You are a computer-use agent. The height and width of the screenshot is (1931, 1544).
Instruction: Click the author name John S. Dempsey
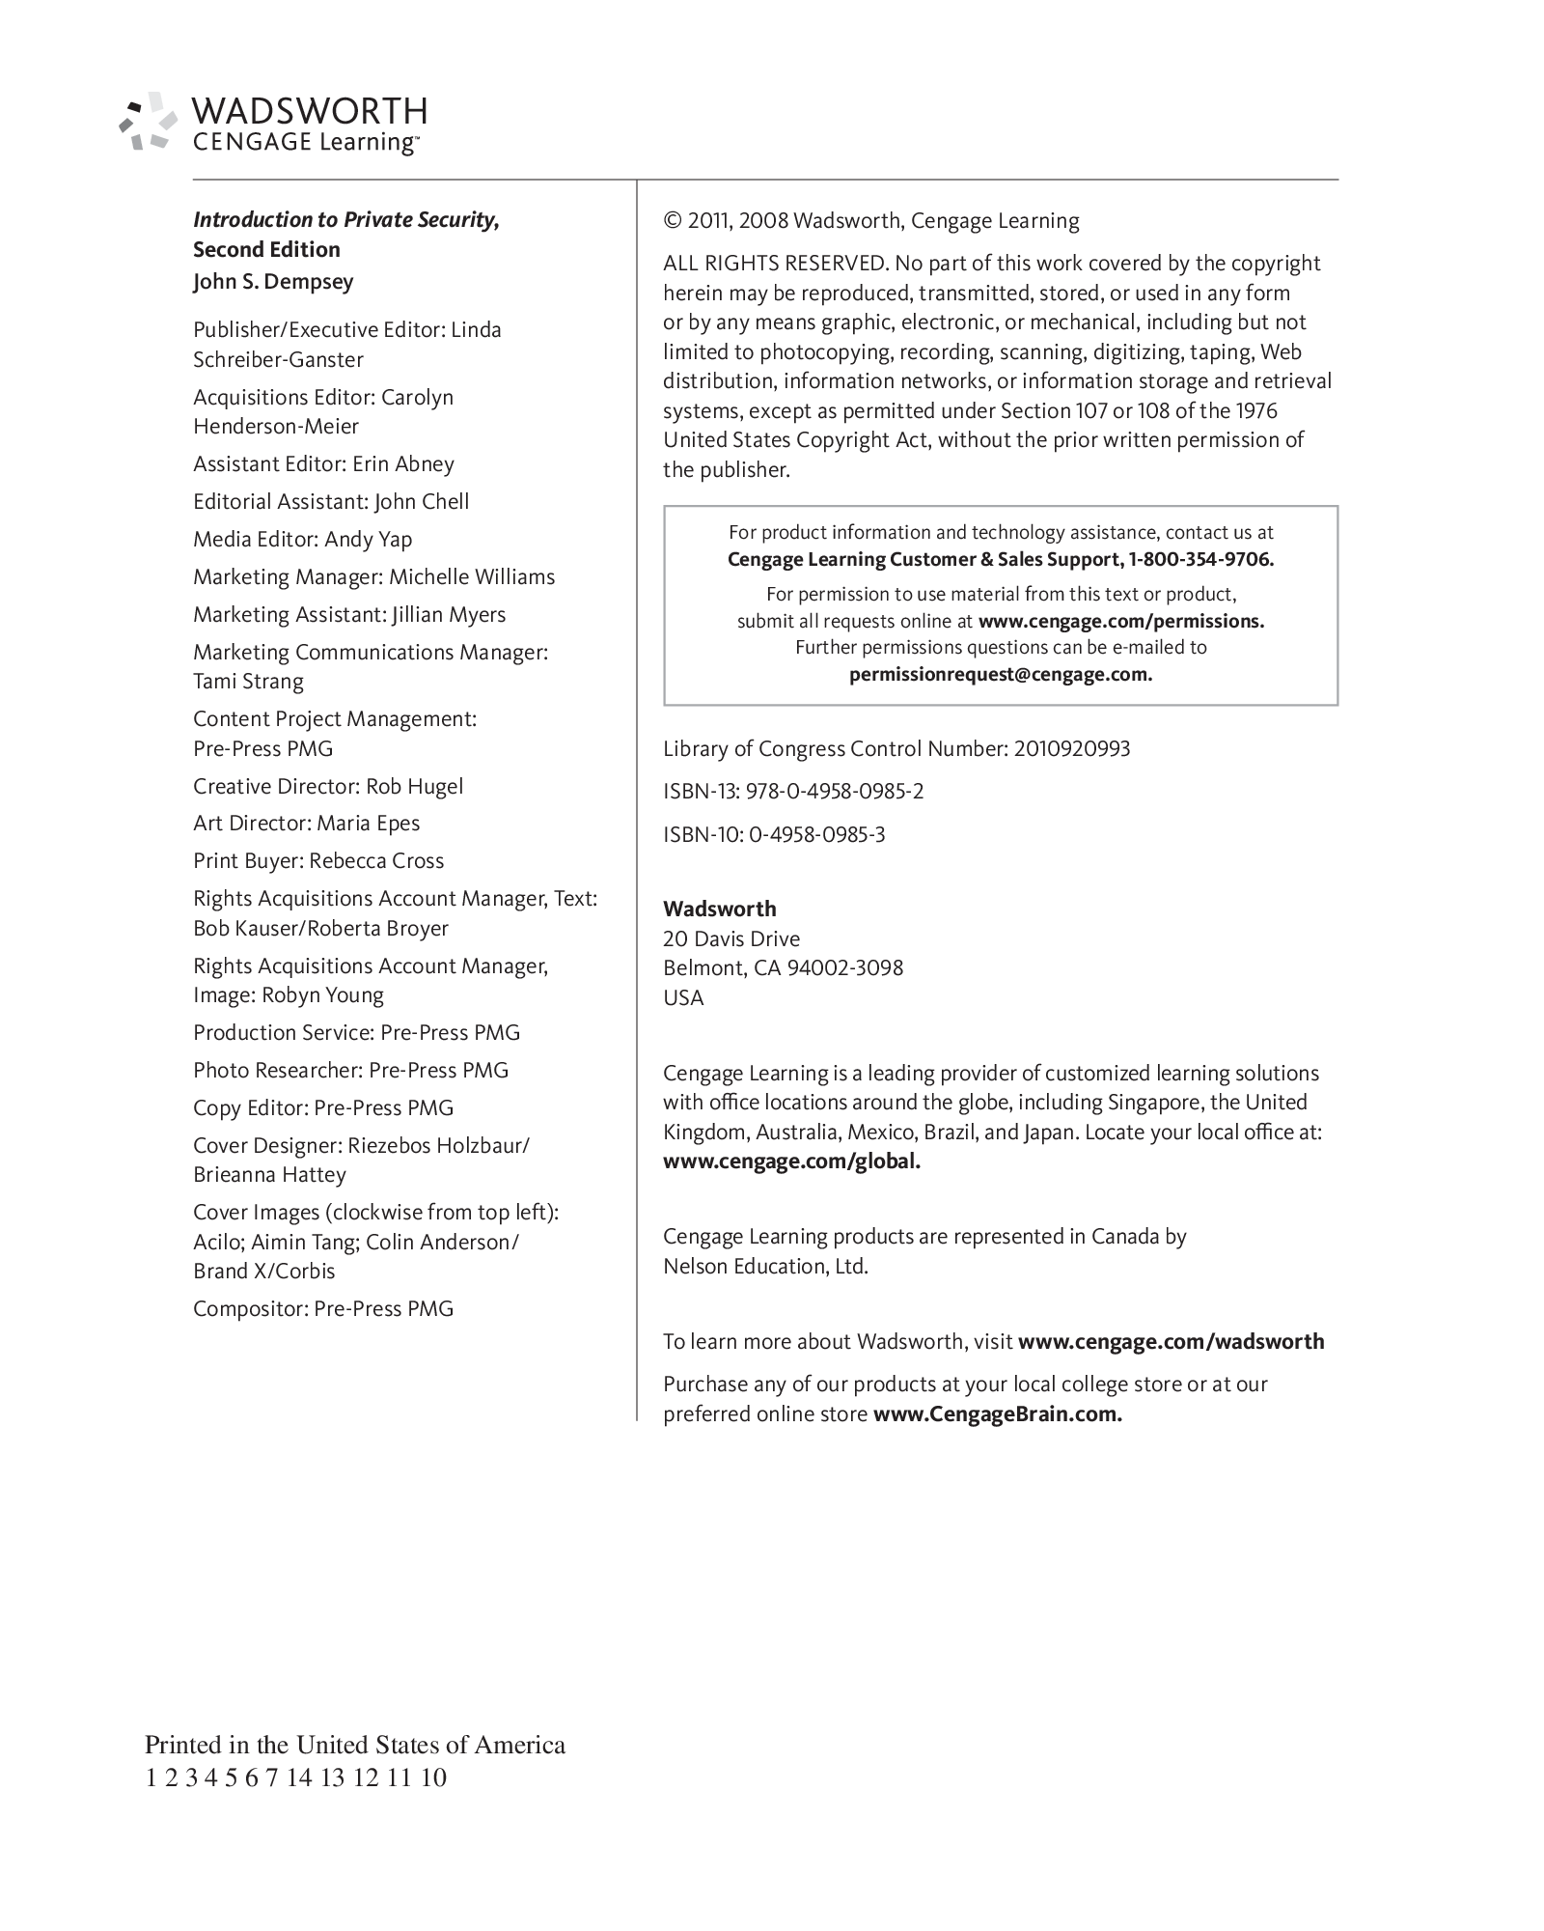[x=273, y=282]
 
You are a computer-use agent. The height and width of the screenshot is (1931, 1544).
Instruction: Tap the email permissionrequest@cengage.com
[x=1001, y=675]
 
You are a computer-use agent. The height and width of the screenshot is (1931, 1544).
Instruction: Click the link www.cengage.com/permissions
[x=1120, y=622]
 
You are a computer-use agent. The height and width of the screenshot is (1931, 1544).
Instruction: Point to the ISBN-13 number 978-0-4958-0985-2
[x=835, y=792]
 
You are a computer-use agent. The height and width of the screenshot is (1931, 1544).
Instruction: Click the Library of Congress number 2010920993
[x=1071, y=749]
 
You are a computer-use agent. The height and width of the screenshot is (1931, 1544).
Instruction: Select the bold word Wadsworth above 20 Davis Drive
[x=719, y=910]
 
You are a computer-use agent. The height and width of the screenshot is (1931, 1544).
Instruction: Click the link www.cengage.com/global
[x=791, y=1161]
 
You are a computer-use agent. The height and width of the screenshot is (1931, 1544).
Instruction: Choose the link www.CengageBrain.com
[x=997, y=1414]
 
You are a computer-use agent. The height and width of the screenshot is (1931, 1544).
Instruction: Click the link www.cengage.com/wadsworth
[x=1171, y=1342]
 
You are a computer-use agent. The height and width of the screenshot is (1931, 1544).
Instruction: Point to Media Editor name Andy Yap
[x=368, y=540]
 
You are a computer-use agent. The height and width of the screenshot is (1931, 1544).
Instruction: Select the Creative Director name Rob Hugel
[x=414, y=787]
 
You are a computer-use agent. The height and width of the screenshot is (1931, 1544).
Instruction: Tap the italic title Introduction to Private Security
[x=345, y=220]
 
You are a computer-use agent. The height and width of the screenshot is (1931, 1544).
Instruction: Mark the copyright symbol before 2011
[x=672, y=221]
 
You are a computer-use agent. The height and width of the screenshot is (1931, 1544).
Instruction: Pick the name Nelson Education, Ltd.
[x=765, y=1267]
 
